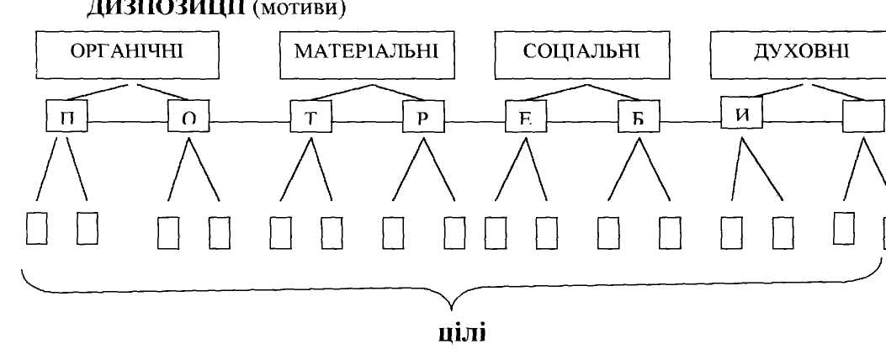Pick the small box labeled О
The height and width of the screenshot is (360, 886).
(188, 119)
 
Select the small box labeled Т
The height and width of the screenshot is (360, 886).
(310, 119)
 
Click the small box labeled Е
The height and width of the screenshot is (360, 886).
(526, 119)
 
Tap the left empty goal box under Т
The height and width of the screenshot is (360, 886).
(280, 230)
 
